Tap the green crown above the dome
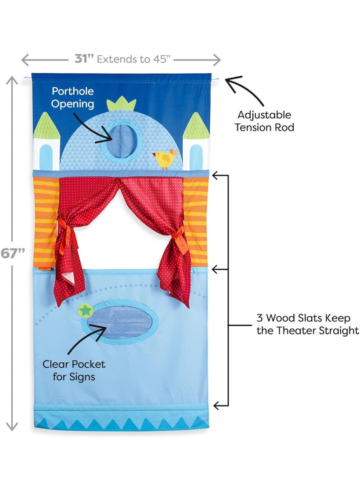click(x=121, y=105)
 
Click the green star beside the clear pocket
click(x=84, y=310)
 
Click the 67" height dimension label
click(x=12, y=253)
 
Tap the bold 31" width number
click(x=84, y=59)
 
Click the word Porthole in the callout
click(x=73, y=91)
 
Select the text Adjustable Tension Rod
click(x=265, y=121)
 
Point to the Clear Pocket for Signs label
click(x=74, y=370)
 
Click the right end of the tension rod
click(x=216, y=80)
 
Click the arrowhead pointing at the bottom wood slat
click(x=216, y=405)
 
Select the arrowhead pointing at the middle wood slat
click(x=216, y=269)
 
